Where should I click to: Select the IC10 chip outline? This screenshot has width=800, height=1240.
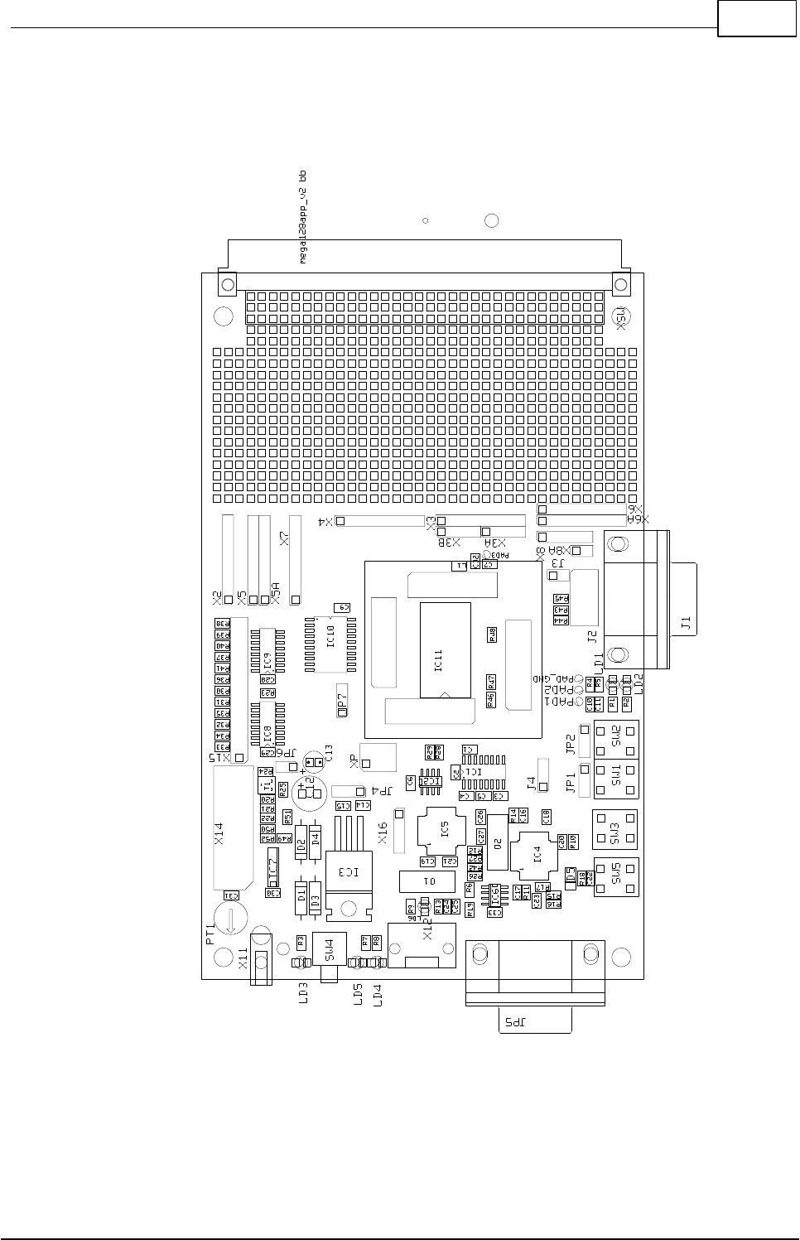point(331,643)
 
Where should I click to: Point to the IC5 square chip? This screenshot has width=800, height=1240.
point(443,829)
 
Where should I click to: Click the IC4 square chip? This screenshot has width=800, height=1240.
point(537,854)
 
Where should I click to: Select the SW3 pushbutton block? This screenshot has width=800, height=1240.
point(615,829)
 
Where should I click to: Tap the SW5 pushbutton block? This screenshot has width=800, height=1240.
point(615,877)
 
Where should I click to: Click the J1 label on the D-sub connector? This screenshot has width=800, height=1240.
point(686,624)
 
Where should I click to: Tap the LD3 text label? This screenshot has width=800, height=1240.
point(303,993)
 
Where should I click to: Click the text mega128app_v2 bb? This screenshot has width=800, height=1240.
point(303,217)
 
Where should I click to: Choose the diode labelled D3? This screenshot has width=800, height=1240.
point(315,896)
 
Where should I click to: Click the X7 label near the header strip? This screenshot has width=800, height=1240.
point(284,538)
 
